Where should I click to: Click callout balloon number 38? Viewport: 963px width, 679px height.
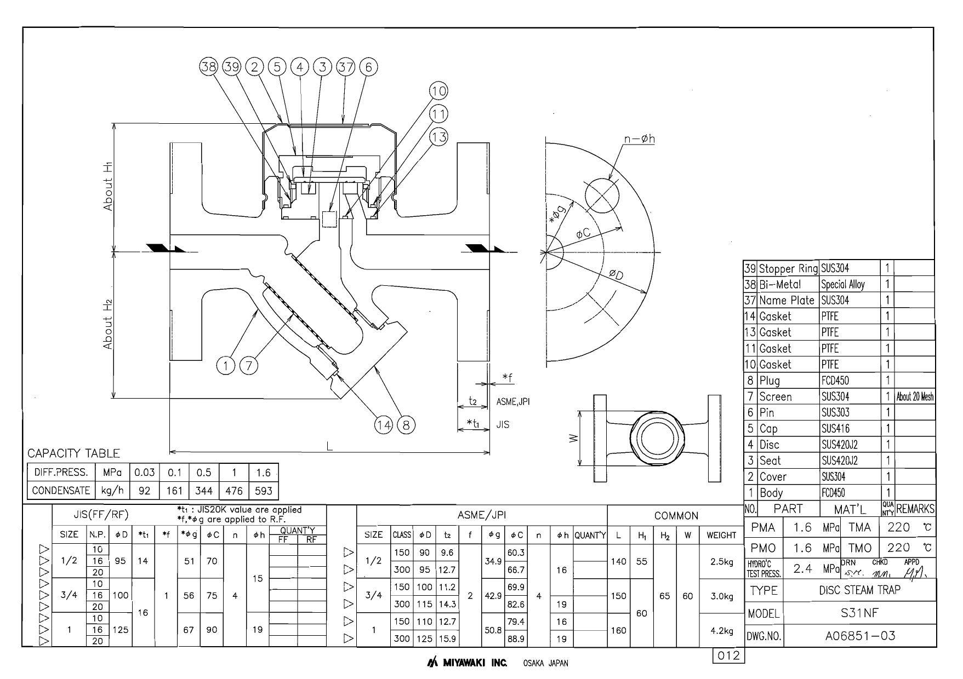[208, 67]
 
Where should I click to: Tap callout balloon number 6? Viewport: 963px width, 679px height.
[368, 67]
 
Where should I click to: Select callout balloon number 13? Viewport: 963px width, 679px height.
[438, 137]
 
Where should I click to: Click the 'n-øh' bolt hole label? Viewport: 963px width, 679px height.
[639, 139]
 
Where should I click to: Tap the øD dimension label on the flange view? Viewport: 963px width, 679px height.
[617, 275]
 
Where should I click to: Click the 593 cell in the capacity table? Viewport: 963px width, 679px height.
[264, 491]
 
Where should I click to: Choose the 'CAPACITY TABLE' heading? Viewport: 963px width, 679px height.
[73, 453]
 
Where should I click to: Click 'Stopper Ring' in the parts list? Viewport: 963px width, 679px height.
[788, 268]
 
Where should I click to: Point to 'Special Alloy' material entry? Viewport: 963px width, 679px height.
[842, 285]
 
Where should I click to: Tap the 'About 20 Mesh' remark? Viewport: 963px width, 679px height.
[915, 397]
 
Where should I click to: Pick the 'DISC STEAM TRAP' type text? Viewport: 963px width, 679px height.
[859, 590]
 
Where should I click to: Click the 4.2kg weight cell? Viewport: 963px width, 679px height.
[721, 630]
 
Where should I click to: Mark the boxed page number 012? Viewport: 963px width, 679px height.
[729, 655]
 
